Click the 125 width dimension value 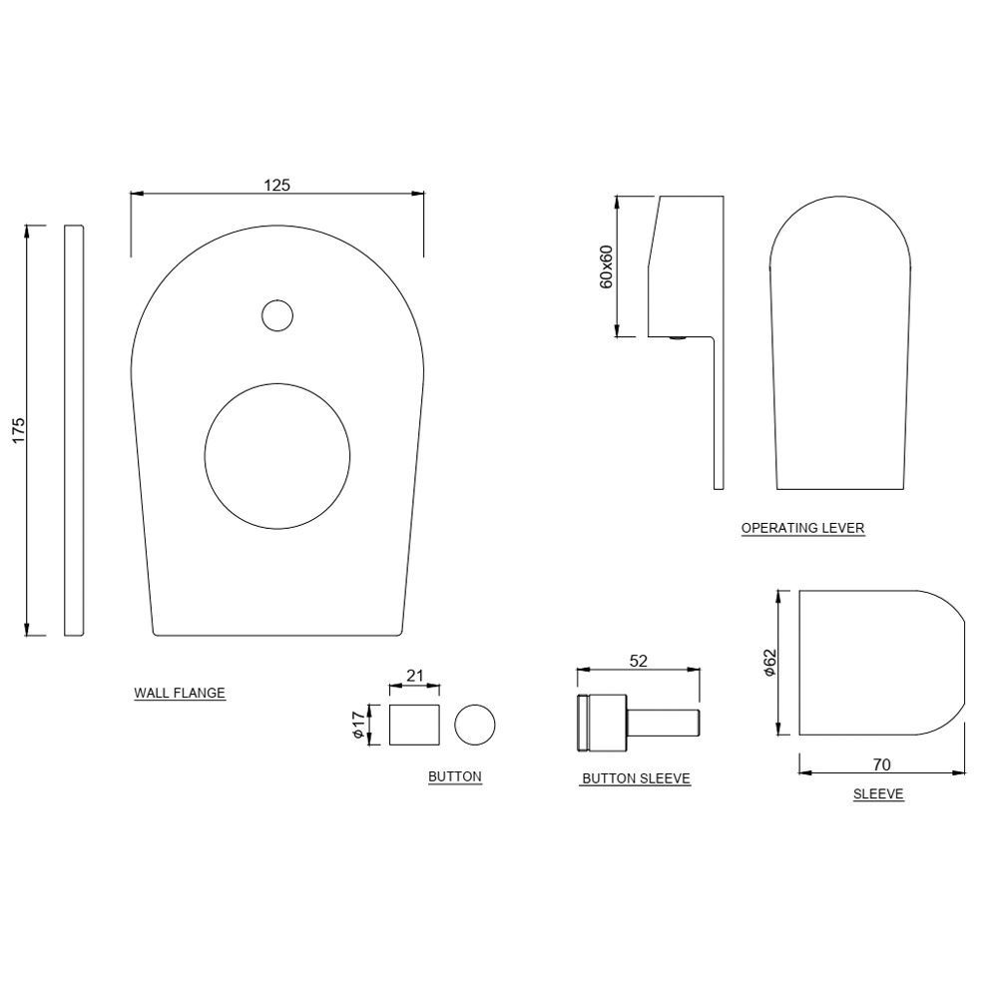276,185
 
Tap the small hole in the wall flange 277,315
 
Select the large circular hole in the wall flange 277,455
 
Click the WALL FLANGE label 180,693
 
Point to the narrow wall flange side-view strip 74,429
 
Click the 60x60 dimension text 606,266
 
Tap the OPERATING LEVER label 802,528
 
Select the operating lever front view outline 841,349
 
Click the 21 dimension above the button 415,676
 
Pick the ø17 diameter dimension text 357,725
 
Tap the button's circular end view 474,725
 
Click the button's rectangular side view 415,725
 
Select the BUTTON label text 454,776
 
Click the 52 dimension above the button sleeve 639,660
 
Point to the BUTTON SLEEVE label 636,778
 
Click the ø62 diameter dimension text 768,663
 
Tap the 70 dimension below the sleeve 881,765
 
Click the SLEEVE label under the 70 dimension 878,794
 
